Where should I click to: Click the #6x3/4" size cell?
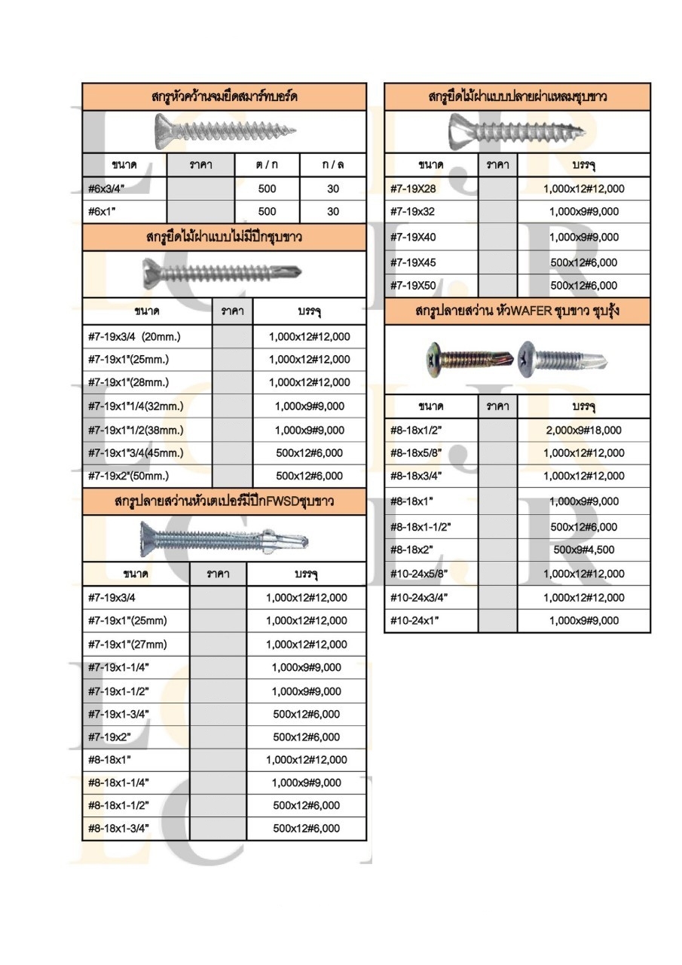(106, 189)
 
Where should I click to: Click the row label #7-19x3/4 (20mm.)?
(136, 336)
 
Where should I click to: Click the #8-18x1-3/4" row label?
(118, 828)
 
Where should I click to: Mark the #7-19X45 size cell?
(413, 262)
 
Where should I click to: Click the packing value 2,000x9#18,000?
(583, 430)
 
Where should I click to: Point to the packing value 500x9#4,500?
(583, 550)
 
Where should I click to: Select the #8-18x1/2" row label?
(414, 430)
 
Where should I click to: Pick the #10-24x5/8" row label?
(419, 574)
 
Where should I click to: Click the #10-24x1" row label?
(414, 620)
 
